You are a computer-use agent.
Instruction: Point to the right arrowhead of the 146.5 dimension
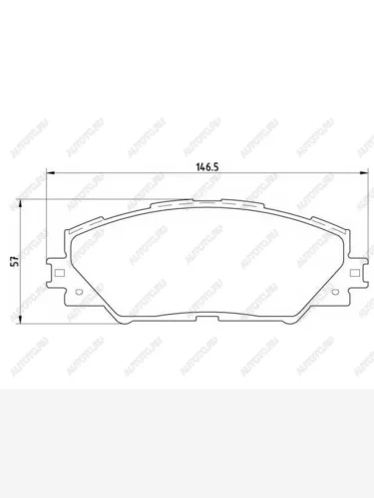[x=360, y=176]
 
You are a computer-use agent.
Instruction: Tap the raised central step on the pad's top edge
[x=204, y=200]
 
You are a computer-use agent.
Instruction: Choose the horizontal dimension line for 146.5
[x=120, y=176]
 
